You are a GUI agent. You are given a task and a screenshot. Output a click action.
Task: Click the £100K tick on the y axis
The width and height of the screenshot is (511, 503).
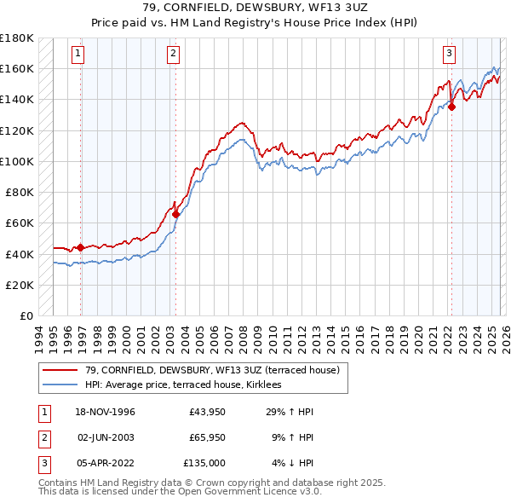(x=17, y=161)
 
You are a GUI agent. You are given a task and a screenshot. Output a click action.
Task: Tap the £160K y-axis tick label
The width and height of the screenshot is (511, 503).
(x=17, y=68)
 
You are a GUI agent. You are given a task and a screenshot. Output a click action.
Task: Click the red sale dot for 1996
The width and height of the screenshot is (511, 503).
(x=81, y=248)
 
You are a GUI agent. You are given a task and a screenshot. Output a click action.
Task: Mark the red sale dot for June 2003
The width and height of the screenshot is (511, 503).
(x=175, y=214)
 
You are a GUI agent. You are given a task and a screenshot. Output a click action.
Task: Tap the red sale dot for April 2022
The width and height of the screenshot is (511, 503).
(x=451, y=107)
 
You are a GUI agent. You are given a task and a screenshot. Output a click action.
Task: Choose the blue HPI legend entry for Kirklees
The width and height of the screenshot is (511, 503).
(x=189, y=384)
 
